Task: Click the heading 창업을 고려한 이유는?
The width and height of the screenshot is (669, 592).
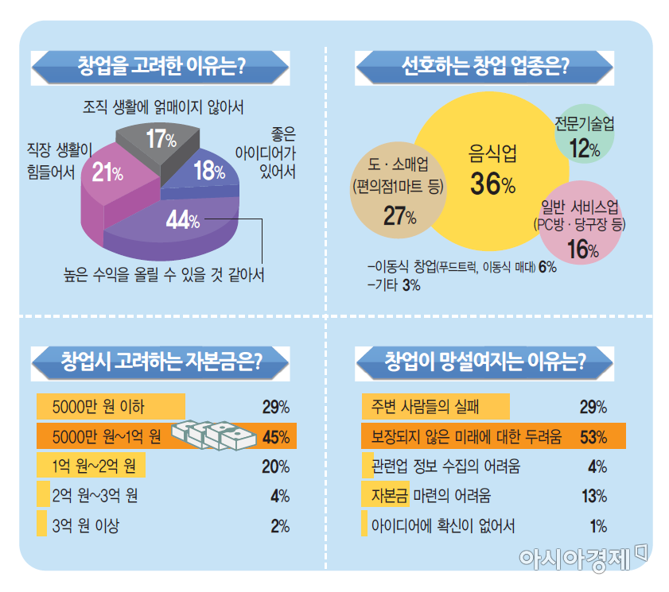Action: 161,65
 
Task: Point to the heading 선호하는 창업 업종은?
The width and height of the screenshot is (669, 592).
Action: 485,65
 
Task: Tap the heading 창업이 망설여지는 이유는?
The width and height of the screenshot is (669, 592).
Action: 485,362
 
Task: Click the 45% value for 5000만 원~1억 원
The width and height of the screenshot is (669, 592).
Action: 275,436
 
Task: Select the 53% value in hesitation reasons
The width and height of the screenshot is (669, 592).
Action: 593,436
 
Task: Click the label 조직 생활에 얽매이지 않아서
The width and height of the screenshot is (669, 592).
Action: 163,106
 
